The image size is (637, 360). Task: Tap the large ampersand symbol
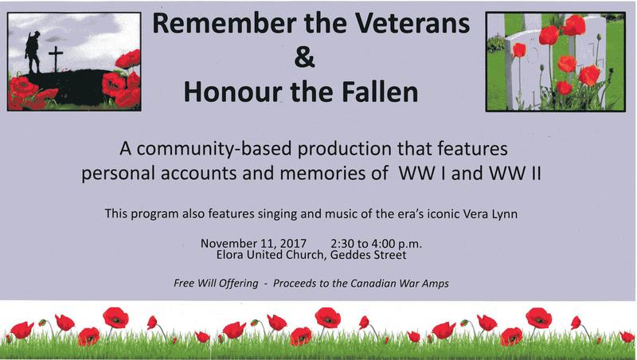click(x=305, y=57)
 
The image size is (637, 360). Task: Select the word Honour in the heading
click(x=233, y=92)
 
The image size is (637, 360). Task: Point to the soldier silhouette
click(x=33, y=53)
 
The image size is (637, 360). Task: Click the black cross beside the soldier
click(x=56, y=58)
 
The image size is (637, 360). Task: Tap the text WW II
click(x=514, y=173)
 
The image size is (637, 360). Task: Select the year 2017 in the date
click(x=293, y=244)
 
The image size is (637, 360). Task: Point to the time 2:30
click(x=342, y=244)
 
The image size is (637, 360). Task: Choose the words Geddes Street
click(x=369, y=255)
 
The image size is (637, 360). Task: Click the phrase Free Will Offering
click(x=216, y=284)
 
